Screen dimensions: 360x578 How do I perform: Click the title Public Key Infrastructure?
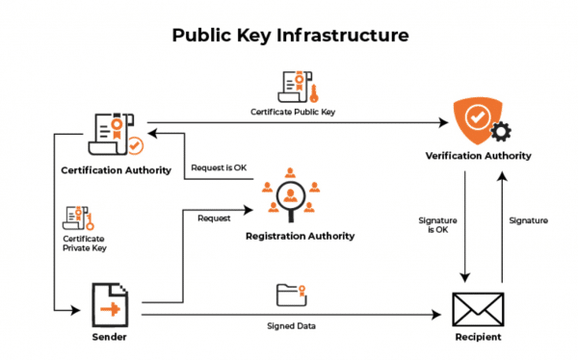(290, 36)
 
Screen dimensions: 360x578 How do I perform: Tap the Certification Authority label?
(116, 170)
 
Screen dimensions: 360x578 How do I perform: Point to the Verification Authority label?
(478, 155)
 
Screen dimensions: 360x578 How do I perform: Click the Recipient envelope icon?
(477, 307)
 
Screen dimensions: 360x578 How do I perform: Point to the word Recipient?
(477, 338)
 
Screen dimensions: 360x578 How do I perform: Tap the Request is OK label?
(219, 167)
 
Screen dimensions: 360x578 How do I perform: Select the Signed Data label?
(290, 325)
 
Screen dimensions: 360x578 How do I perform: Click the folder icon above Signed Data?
(290, 295)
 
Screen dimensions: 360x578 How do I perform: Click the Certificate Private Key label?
(84, 244)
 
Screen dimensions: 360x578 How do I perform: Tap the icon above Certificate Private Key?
(77, 216)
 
